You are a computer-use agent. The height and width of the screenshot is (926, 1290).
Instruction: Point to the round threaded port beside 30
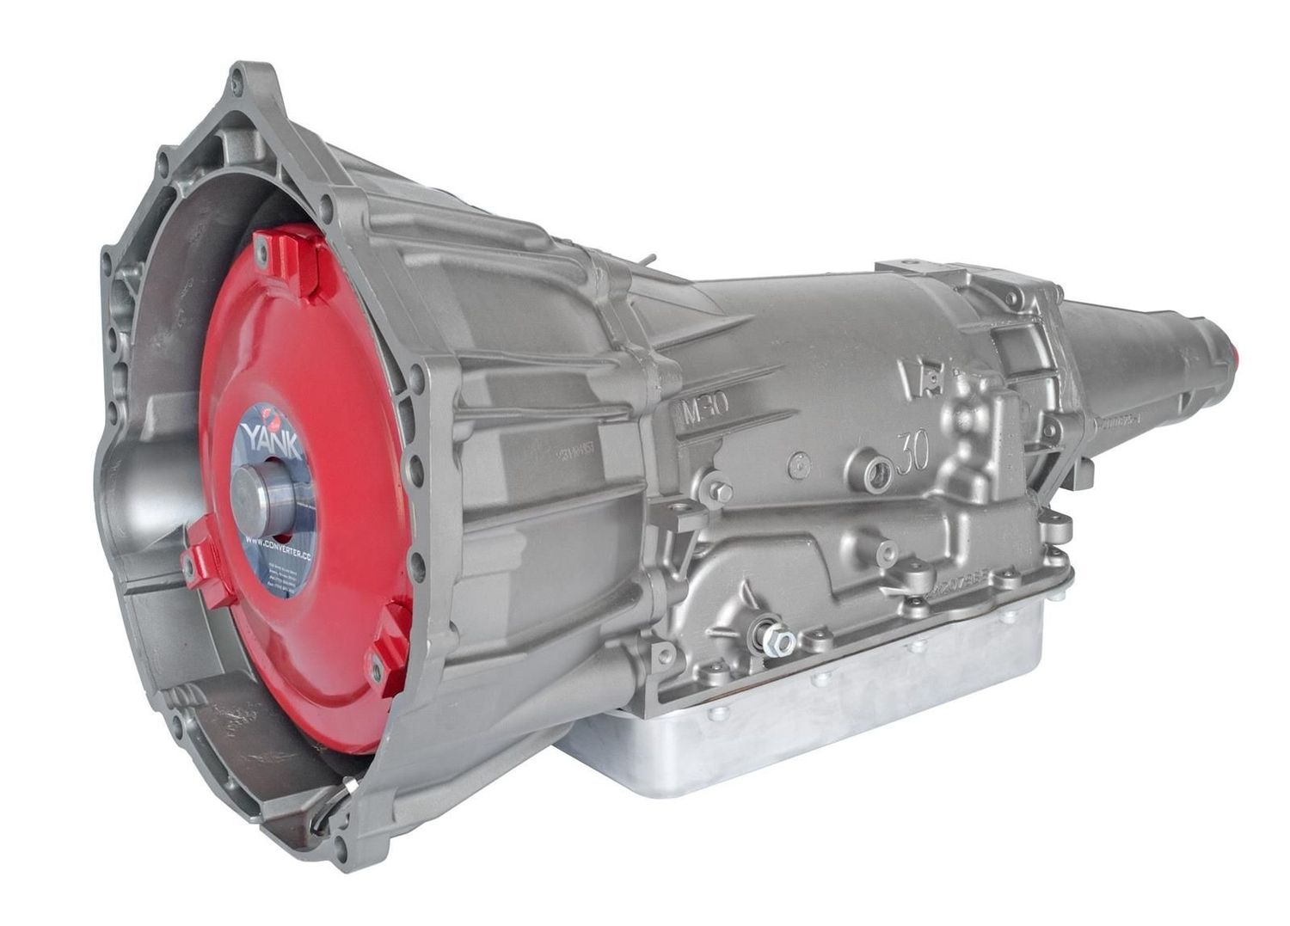tap(877, 473)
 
